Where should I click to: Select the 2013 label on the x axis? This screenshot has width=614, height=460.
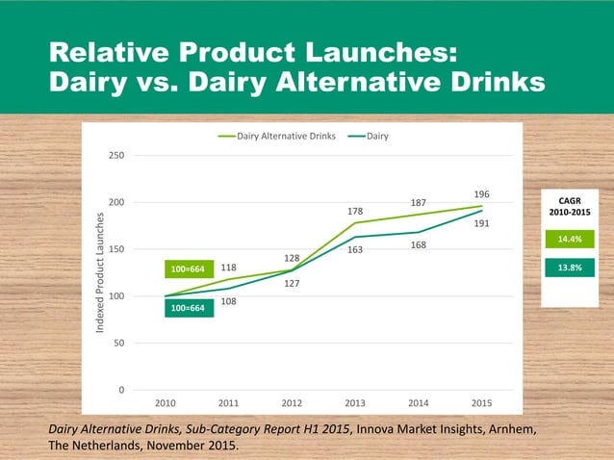pos(355,403)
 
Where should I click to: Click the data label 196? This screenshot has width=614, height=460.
pos(482,193)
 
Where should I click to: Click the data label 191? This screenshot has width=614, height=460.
pos(482,223)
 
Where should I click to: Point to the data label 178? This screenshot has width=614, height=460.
pos(355,210)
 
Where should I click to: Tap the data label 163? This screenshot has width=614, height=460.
pos(355,249)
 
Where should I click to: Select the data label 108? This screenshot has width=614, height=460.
pos(229,301)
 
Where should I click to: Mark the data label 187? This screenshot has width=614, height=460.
pos(419,203)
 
